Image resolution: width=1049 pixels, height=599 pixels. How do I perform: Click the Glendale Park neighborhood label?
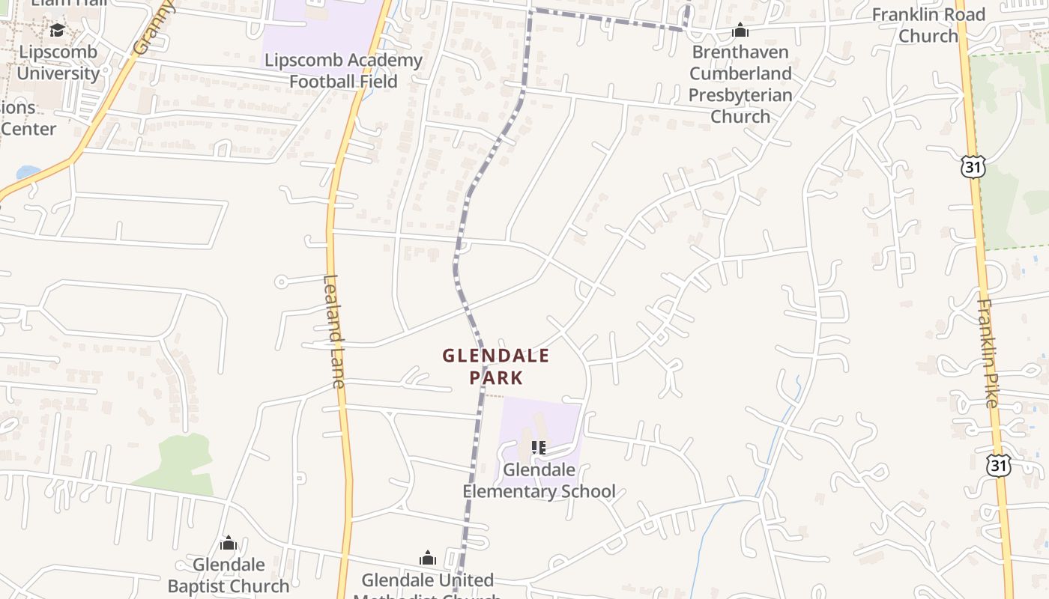(x=495, y=366)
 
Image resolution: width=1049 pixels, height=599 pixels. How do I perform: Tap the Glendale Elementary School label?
(x=539, y=481)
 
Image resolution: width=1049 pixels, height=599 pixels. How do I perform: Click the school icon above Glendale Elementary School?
(x=538, y=448)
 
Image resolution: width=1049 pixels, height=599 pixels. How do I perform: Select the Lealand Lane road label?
(x=333, y=331)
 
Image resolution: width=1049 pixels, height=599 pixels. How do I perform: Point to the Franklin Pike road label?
(x=988, y=353)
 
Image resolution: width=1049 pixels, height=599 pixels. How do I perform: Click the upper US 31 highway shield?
(x=973, y=167)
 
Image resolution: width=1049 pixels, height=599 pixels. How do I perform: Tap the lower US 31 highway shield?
(x=997, y=466)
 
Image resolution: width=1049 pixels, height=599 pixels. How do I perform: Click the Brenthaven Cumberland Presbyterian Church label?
(x=740, y=84)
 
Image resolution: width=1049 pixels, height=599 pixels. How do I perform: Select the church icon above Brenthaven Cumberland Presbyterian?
(x=740, y=31)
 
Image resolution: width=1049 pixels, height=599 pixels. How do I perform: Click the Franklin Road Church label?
(x=928, y=25)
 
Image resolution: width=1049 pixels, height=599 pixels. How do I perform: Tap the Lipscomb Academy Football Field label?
(x=343, y=70)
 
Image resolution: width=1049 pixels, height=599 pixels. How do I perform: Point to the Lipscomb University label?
(x=58, y=63)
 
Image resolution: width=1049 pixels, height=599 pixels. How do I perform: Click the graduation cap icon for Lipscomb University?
(x=57, y=31)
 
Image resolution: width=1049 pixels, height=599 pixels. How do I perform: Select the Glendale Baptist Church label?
(x=229, y=574)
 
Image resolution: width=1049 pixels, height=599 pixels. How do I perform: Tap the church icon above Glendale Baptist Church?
(x=229, y=543)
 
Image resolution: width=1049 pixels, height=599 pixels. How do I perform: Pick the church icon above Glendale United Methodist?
(x=428, y=558)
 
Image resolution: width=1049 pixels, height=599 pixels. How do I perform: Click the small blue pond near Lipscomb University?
(x=28, y=172)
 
